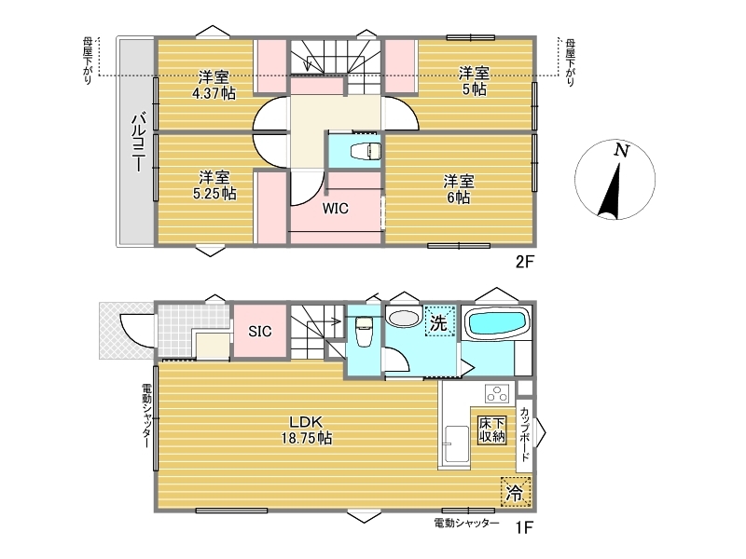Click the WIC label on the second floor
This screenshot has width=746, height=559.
click(336, 208)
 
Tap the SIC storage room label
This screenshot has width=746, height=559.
click(260, 332)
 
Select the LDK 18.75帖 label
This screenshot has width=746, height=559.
click(307, 429)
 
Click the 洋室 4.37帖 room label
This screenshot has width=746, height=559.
click(214, 85)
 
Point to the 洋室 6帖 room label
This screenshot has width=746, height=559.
click(459, 189)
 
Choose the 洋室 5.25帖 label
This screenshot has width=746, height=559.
click(214, 185)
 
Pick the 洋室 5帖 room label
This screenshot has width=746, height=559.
click(474, 81)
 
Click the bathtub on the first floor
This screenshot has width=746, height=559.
click(498, 322)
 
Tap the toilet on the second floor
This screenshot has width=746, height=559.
click(366, 151)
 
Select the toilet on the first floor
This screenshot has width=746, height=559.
click(364, 331)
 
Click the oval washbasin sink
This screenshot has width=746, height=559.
click(403, 318)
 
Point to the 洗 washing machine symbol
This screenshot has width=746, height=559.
click(439, 322)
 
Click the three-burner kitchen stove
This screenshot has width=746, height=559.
click(497, 393)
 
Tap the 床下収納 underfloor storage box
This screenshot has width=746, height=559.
click(492, 430)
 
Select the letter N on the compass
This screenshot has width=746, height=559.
click(621, 151)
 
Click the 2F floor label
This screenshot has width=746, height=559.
click(525, 262)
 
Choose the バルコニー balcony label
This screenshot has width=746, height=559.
click(138, 142)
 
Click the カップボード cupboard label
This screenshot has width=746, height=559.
click(524, 434)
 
